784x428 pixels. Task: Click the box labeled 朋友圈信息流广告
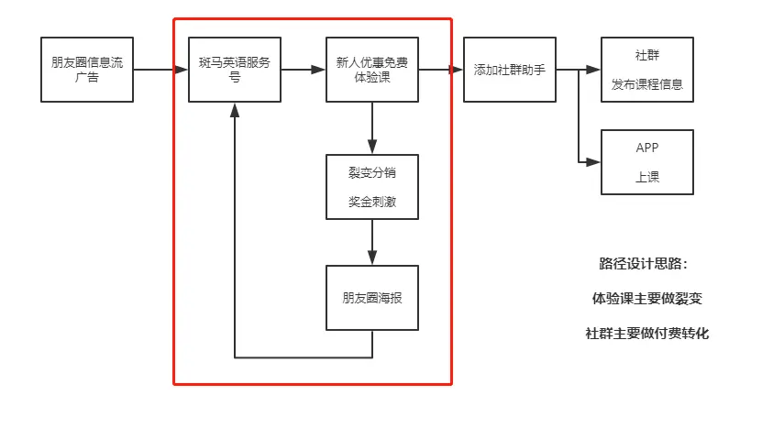[87, 70]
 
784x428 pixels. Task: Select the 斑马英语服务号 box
[235, 70]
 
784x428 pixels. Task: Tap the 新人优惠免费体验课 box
[372, 70]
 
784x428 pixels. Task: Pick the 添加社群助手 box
[510, 70]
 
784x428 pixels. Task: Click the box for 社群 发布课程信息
[647, 70]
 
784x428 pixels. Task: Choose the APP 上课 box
[647, 162]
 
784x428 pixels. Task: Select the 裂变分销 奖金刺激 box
[372, 186]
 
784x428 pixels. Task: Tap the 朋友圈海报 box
[372, 298]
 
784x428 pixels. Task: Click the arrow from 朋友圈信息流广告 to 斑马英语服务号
[156, 70]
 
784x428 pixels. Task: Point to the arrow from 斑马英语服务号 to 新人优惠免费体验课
[303, 70]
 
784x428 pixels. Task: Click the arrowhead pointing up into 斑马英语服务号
[235, 108]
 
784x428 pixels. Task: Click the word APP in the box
[647, 148]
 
